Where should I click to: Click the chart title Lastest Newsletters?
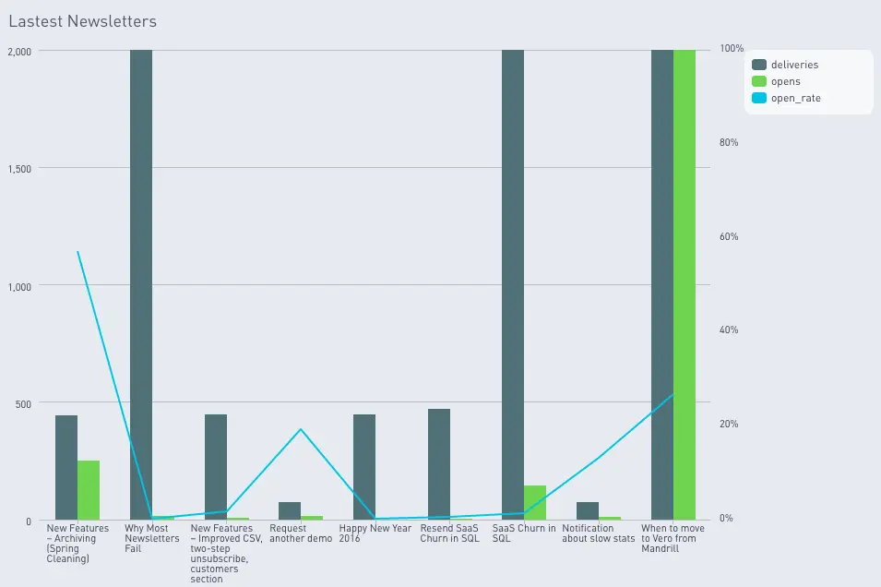[x=82, y=21]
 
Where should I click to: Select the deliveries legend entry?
[x=793, y=65]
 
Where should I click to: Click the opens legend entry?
[x=785, y=81]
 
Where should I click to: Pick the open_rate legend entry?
[x=794, y=98]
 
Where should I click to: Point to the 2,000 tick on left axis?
[x=19, y=51]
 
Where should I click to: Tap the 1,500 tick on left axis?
[x=19, y=169]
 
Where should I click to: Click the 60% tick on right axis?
[x=729, y=236]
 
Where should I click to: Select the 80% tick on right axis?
[x=729, y=143]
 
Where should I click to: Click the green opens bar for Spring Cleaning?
[x=89, y=490]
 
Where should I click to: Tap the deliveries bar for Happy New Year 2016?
[x=364, y=467]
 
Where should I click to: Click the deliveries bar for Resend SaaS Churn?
[x=439, y=464]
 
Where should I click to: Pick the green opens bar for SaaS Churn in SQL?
[x=535, y=502]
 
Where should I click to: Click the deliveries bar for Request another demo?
[x=290, y=510]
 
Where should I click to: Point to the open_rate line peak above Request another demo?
[x=300, y=429]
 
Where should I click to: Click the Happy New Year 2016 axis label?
[x=375, y=533]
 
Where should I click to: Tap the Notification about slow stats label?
[x=598, y=533]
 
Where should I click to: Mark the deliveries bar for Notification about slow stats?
[x=588, y=510]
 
